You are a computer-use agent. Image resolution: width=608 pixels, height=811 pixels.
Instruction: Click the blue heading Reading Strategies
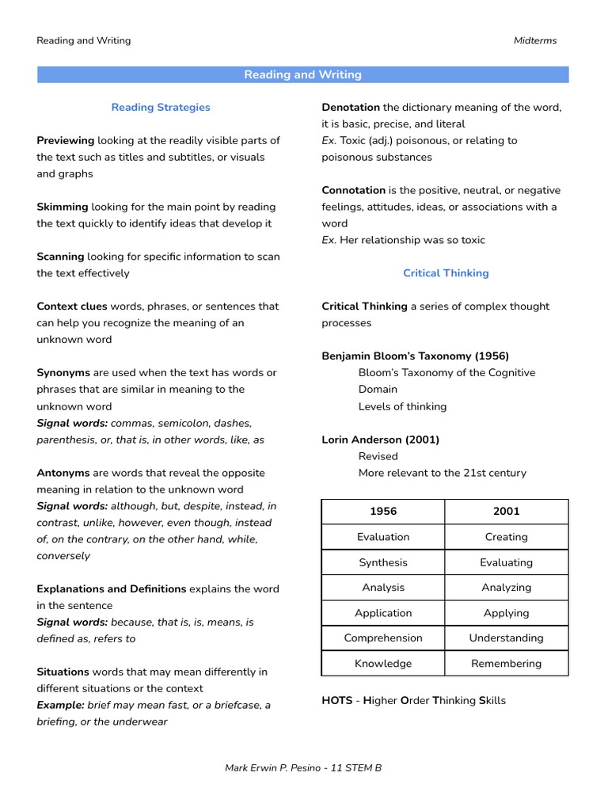pos(161,107)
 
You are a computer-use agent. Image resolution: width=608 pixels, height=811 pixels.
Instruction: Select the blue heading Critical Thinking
pos(446,272)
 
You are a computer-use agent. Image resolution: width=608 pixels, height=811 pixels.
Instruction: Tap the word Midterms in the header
pos(535,40)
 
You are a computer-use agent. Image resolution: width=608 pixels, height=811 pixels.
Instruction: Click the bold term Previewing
pos(66,140)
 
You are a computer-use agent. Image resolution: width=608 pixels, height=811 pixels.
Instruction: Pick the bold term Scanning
pos(60,257)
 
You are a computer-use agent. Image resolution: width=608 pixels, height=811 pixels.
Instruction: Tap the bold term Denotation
pos(351,107)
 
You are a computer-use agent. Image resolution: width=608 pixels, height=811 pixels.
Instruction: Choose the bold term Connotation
pos(353,190)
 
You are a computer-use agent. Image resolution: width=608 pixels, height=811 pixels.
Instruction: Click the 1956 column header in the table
pos(383,512)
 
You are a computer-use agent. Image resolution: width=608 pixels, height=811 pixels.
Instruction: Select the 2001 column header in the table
pos(506,512)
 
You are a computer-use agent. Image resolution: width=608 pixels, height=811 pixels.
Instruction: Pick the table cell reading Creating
pos(506,537)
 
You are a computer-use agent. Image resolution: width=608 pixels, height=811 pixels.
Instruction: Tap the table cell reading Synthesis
pos(383,562)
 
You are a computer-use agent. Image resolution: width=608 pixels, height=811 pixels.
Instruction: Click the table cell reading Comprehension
pos(383,638)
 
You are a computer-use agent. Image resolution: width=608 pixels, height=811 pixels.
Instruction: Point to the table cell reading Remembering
pos(506,664)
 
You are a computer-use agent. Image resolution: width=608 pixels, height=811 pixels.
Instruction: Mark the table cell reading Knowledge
pos(383,664)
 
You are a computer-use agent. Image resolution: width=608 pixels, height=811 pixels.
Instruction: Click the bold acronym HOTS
pos(336,700)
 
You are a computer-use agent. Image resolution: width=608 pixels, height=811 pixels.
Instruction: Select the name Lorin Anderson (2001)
pos(380,439)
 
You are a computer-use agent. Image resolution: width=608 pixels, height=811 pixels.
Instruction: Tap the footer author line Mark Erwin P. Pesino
pos(303,767)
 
